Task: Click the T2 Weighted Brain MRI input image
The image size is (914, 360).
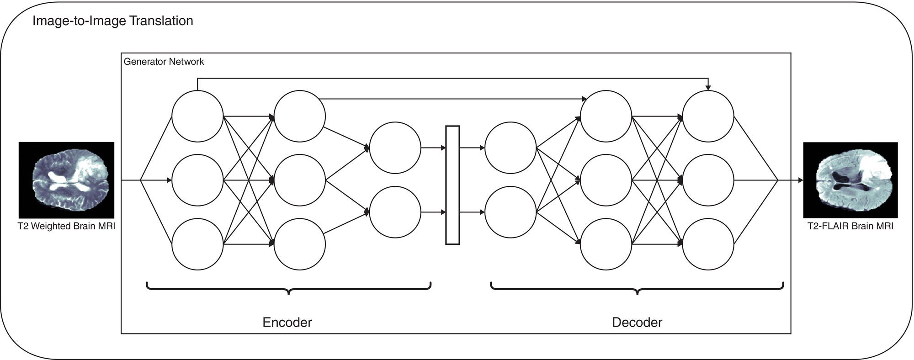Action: (x=66, y=180)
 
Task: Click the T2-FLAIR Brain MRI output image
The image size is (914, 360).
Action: (x=850, y=180)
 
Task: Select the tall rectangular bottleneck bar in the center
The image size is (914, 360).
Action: (x=452, y=185)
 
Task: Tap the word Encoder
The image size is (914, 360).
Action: (x=287, y=323)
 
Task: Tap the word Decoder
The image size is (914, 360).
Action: (x=637, y=323)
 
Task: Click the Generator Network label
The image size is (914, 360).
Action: (x=164, y=62)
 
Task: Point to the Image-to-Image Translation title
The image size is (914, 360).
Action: (x=112, y=21)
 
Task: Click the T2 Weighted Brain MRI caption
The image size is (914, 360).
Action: (x=66, y=227)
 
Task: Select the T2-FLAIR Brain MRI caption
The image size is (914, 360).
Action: (x=850, y=227)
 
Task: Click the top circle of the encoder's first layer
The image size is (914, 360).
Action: (x=197, y=116)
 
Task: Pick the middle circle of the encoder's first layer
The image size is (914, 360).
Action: (x=197, y=180)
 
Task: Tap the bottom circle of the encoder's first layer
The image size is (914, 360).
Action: (x=197, y=244)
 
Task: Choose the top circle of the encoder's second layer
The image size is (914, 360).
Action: (x=300, y=116)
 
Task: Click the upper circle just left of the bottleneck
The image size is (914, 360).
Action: (x=395, y=148)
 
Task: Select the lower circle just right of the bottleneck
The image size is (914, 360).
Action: (x=510, y=212)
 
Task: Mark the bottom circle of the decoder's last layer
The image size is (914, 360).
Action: (x=708, y=244)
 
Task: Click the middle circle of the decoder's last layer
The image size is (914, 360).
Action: (x=708, y=180)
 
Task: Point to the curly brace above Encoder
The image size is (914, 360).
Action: (x=288, y=288)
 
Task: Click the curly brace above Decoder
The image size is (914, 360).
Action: (x=637, y=288)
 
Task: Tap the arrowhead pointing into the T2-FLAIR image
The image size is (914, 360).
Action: (x=800, y=180)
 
